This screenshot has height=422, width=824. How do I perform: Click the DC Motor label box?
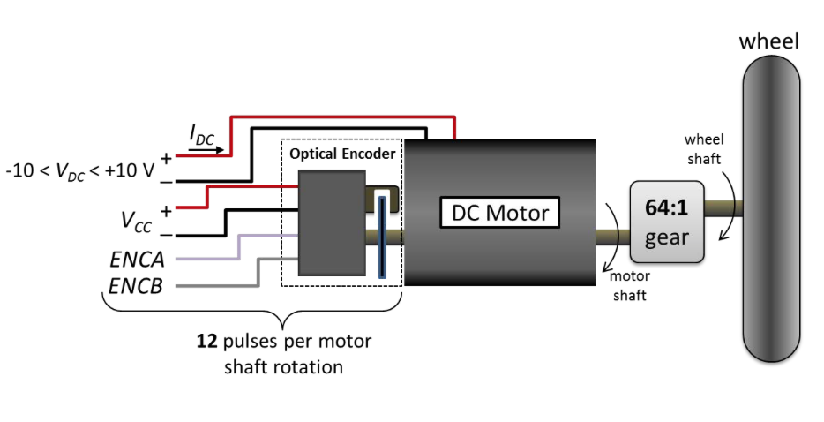(500, 213)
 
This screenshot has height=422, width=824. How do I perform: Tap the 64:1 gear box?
(667, 222)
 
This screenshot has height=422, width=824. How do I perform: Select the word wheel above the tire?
(769, 41)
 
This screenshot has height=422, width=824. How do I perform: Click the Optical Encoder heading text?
(342, 154)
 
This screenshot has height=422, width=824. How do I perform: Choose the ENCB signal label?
(137, 286)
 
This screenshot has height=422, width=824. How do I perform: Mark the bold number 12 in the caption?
(206, 341)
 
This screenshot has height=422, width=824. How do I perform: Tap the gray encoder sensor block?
(332, 222)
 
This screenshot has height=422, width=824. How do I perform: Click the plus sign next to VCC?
(166, 211)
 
